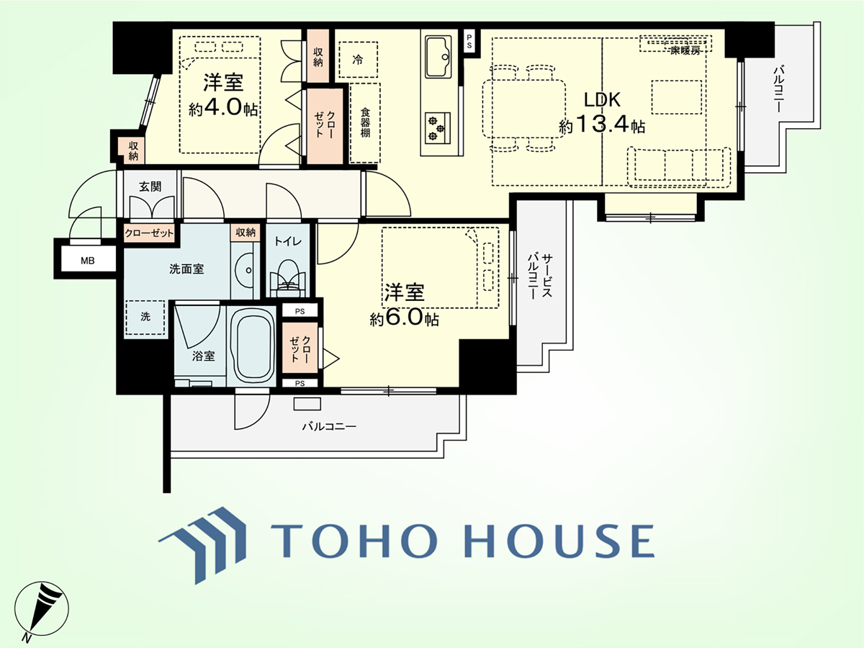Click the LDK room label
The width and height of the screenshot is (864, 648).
(x=602, y=100)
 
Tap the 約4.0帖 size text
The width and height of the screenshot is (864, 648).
(x=222, y=108)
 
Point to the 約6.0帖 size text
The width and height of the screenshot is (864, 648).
(x=404, y=318)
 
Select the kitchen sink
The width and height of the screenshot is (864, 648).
(x=438, y=57)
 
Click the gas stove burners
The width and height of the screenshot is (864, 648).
(x=437, y=128)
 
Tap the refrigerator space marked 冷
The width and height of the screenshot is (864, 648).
(x=358, y=60)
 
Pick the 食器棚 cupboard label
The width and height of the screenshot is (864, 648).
(x=365, y=122)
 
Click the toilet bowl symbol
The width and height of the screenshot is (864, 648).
(x=288, y=277)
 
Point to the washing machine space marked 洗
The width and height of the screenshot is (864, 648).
(x=145, y=317)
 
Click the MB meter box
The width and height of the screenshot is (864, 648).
(x=87, y=261)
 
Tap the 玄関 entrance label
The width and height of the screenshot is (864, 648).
(x=150, y=186)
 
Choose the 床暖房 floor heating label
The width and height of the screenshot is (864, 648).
(x=685, y=50)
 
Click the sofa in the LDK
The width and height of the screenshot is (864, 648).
(x=679, y=167)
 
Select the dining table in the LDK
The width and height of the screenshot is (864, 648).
(x=523, y=109)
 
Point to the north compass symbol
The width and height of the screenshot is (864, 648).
(x=41, y=611)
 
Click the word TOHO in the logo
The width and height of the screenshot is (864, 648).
(x=354, y=540)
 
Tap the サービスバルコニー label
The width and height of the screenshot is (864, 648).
(x=540, y=276)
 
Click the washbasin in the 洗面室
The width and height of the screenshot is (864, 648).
(x=244, y=270)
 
